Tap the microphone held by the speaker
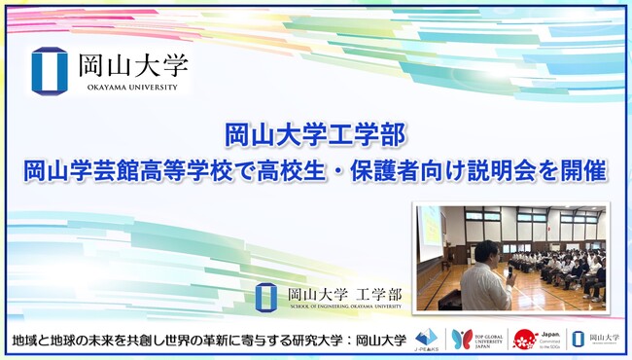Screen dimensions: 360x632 508,271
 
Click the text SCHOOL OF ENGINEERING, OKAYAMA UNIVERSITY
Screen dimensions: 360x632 345,307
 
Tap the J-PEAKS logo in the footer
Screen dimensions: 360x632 425,340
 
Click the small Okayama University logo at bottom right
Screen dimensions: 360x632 592,340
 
